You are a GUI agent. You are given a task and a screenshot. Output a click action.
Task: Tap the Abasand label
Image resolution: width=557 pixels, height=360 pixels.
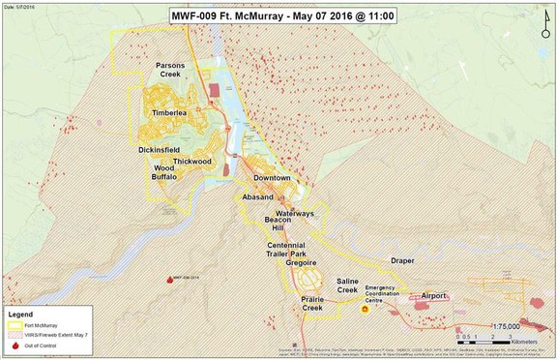(x=258, y=195)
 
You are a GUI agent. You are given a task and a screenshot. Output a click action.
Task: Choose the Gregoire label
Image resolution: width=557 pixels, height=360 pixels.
(x=302, y=262)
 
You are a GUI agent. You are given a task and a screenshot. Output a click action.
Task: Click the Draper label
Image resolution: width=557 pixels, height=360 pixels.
(x=403, y=261)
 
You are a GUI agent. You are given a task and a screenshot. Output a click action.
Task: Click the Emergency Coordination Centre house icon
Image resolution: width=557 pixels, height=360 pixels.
(x=366, y=310)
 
